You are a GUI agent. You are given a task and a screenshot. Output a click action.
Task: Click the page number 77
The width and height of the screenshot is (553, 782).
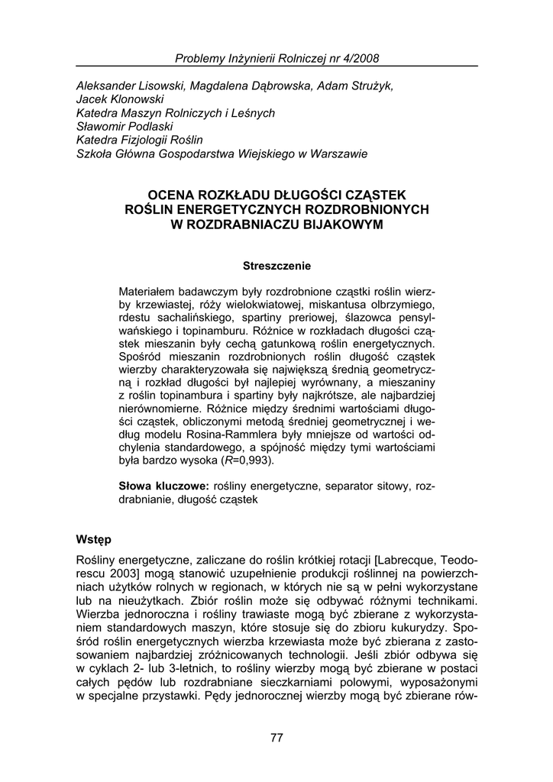pos(276,737)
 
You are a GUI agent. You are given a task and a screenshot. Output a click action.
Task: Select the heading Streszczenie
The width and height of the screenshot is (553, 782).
pos(276,266)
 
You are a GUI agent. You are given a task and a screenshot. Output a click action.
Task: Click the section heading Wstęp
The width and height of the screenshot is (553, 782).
pos(94,540)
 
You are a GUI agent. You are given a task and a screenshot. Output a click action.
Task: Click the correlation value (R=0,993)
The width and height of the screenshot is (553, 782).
pos(246,461)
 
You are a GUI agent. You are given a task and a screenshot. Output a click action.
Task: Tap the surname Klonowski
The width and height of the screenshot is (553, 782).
pos(136,99)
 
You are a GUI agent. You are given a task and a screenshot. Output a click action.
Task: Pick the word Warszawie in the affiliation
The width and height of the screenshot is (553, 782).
pos(341,154)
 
